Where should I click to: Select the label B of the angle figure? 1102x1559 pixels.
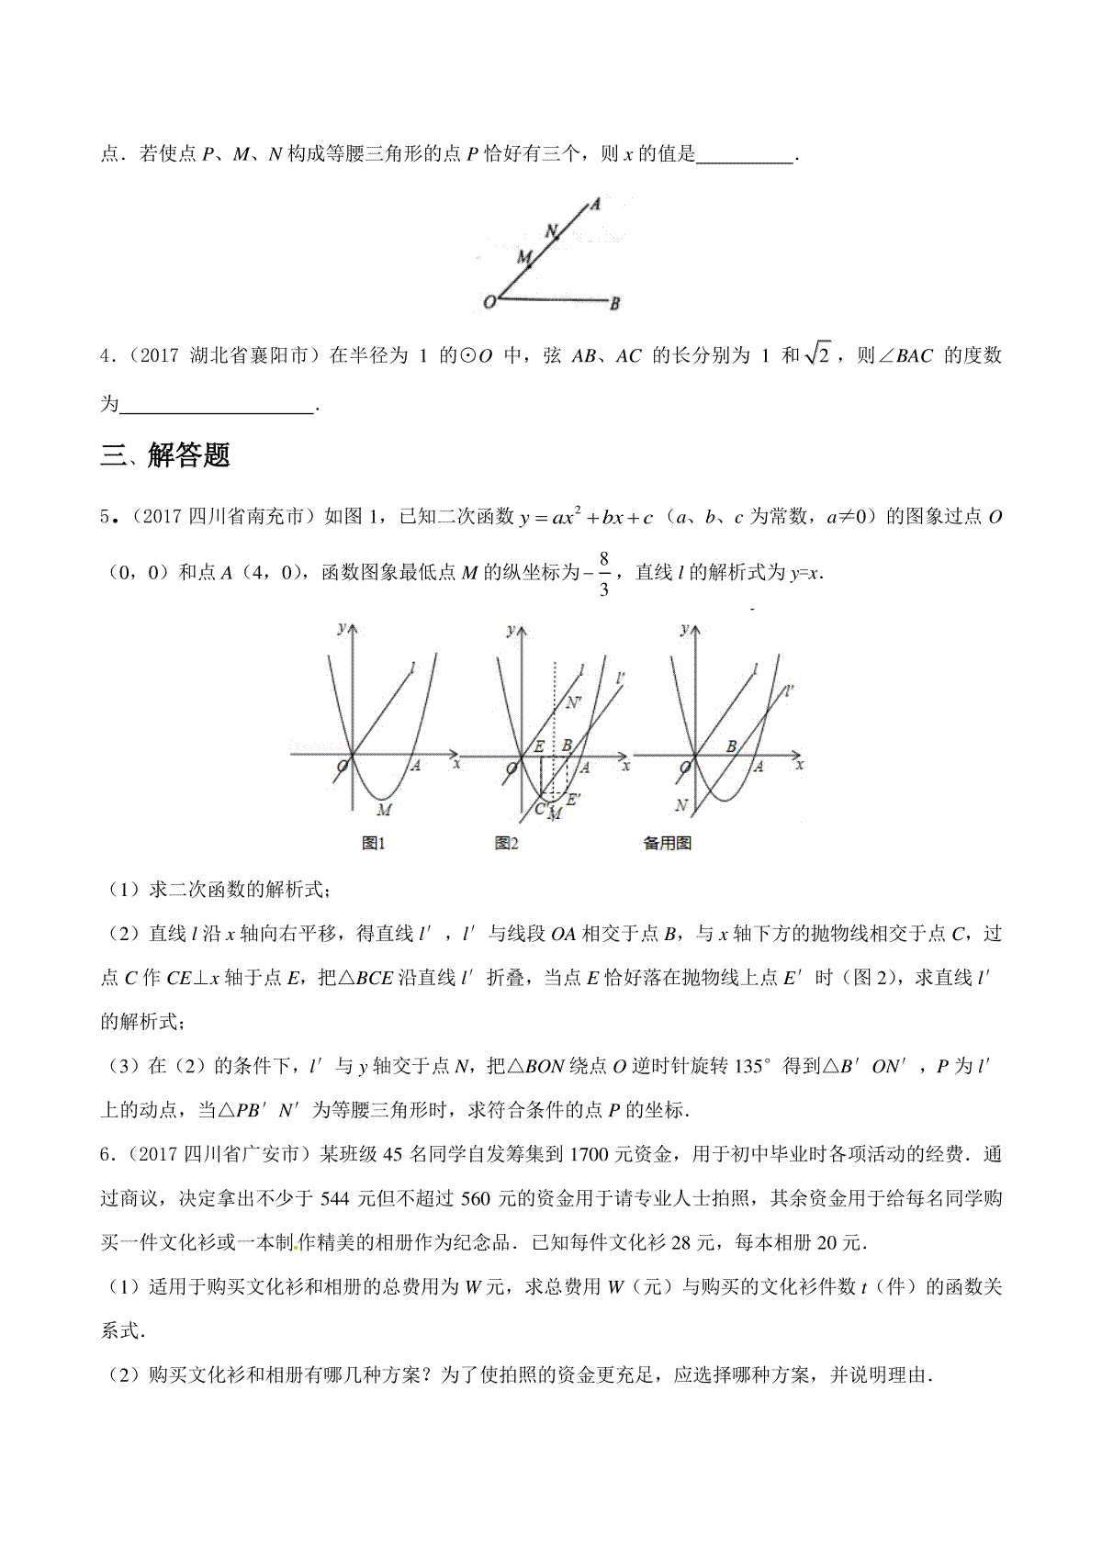click(x=616, y=302)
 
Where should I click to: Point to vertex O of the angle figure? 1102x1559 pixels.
click(x=491, y=301)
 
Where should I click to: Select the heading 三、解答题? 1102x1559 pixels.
click(x=165, y=454)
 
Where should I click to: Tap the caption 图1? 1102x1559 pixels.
click(x=373, y=843)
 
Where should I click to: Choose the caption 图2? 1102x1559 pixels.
click(x=506, y=843)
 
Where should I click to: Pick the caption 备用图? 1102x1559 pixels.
click(x=667, y=843)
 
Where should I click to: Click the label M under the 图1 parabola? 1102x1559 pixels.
click(x=385, y=809)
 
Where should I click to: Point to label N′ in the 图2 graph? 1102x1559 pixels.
click(x=575, y=704)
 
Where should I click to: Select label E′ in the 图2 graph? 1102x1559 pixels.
click(x=572, y=800)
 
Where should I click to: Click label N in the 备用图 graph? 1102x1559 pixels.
click(x=680, y=805)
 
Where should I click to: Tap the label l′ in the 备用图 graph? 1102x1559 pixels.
click(x=792, y=690)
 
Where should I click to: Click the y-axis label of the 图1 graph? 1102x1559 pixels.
click(x=342, y=628)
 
